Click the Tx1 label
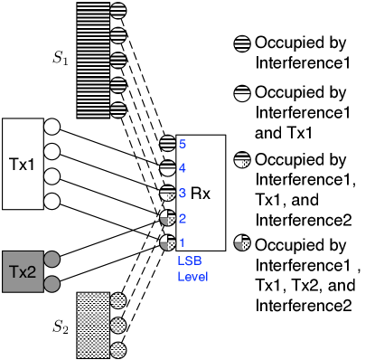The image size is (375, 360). [x=22, y=164]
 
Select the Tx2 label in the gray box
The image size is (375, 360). [x=22, y=271]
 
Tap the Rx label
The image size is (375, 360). [x=201, y=194]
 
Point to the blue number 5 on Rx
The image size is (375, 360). [x=182, y=144]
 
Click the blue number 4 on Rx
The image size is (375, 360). [x=182, y=168]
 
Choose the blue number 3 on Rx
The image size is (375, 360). [x=182, y=193]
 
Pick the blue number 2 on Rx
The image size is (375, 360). [x=182, y=218]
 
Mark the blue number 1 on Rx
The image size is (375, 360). [x=182, y=242]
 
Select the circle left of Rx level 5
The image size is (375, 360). [x=167, y=143]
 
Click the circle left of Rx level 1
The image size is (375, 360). [x=167, y=242]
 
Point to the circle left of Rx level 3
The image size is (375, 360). [x=167, y=193]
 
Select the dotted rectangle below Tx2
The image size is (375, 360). [x=92, y=325]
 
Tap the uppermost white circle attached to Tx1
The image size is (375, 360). [x=52, y=127]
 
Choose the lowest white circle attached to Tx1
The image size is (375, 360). [x=52, y=201]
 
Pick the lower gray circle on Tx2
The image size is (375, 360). [x=52, y=284]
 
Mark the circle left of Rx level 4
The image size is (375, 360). [x=167, y=168]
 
